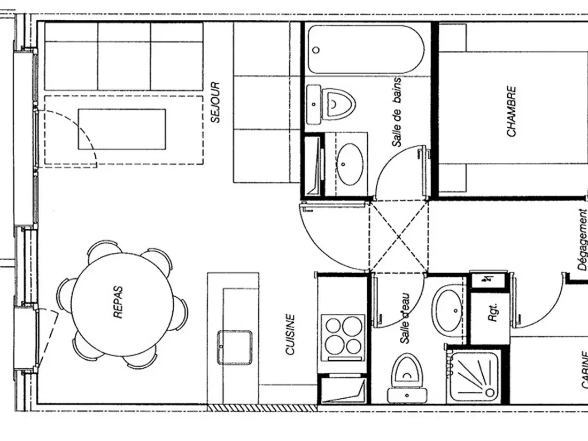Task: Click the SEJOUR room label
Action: [x=215, y=103]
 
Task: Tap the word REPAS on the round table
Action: [x=118, y=302]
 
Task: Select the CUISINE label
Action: [x=290, y=335]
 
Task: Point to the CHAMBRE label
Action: [x=511, y=111]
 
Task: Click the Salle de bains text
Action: [x=397, y=112]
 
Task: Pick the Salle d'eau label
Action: [x=405, y=319]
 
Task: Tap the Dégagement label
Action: [x=582, y=239]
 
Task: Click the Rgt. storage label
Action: [x=493, y=312]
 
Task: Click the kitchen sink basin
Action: [x=234, y=347]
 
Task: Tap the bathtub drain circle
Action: [x=316, y=50]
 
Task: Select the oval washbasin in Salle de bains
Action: [x=350, y=164]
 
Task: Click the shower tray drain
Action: [x=489, y=392]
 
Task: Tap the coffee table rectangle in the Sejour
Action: [x=122, y=129]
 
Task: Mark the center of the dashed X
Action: [x=398, y=237]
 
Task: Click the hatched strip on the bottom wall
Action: [x=262, y=407]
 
